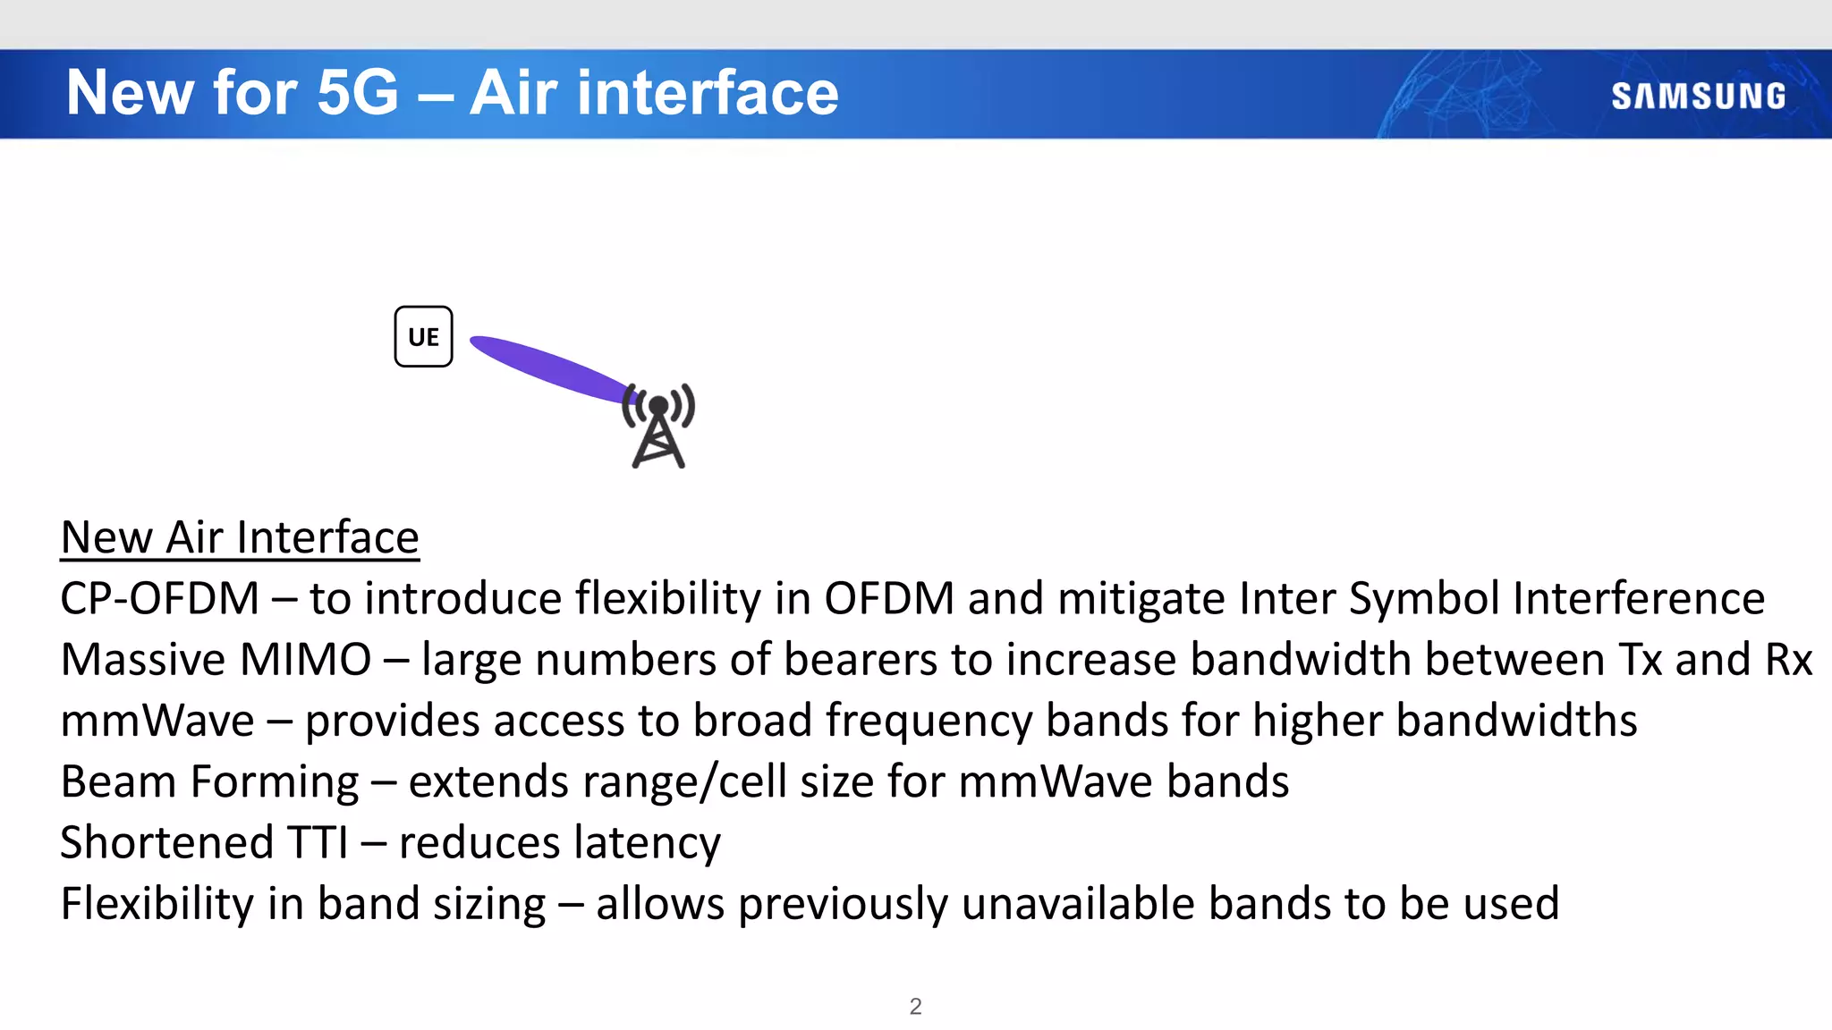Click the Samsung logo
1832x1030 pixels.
coord(1698,96)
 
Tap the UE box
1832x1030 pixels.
coord(423,337)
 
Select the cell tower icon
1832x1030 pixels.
coord(659,426)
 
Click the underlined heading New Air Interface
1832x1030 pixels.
coord(240,537)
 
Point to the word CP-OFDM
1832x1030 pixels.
coord(159,598)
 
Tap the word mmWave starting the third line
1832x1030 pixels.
coord(157,721)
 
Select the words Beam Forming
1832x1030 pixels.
coord(209,781)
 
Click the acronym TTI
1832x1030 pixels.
coord(318,842)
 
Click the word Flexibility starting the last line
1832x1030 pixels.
coord(157,903)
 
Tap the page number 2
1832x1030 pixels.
coord(915,1006)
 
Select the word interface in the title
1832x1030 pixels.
coord(707,92)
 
